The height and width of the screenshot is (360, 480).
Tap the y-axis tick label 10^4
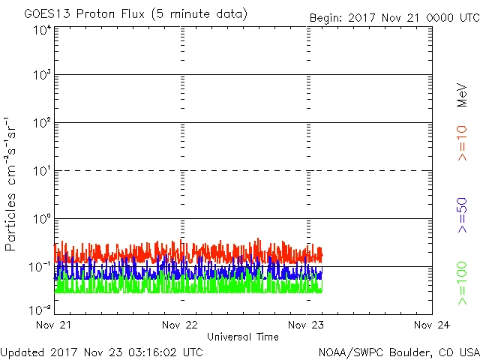point(41,30)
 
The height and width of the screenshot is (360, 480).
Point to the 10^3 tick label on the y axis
point(41,75)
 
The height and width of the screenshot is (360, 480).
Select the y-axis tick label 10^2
point(41,123)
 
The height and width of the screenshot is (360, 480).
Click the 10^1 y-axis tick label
point(41,171)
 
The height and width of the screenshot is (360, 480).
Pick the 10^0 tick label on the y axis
point(41,219)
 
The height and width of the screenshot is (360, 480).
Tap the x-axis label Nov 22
point(181,325)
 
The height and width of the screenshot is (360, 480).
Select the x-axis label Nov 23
point(307,325)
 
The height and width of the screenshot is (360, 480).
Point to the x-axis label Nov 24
point(432,325)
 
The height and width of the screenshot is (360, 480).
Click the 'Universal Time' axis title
point(242,337)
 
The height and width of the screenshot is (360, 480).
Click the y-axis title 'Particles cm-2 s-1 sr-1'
point(12,183)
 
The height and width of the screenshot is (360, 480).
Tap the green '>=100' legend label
point(462,284)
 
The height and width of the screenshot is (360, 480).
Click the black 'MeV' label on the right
point(462,94)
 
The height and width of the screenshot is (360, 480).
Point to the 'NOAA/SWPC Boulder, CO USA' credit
point(397,351)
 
